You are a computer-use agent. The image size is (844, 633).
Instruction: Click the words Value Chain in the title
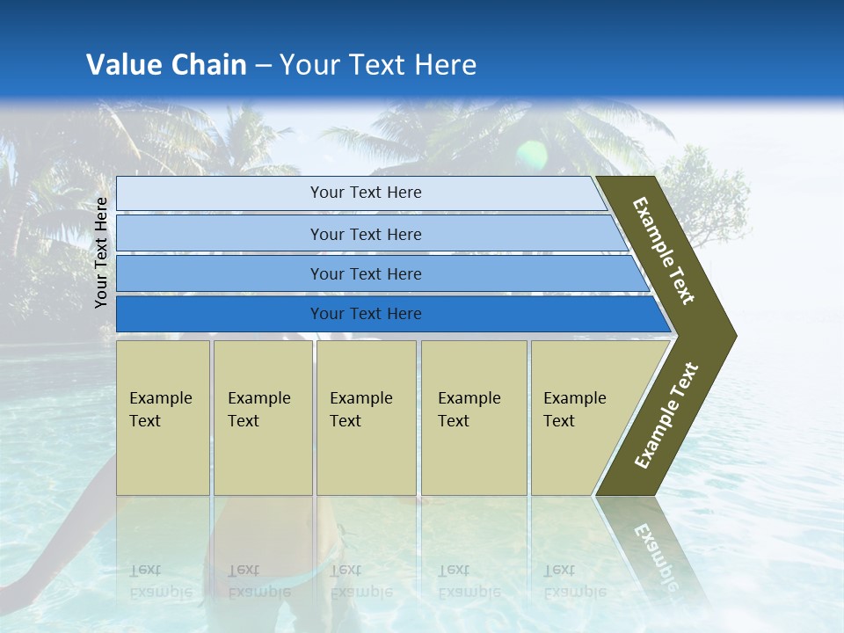point(166,65)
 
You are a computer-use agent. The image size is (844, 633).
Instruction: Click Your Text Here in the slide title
point(378,65)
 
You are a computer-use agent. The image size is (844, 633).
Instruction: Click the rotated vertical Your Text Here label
point(101,252)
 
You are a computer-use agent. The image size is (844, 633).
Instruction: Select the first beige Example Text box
point(163,418)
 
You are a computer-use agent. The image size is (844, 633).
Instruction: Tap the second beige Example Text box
point(262,418)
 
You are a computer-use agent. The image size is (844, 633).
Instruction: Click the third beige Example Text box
point(366,418)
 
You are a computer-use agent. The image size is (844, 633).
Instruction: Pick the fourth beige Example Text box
point(474,418)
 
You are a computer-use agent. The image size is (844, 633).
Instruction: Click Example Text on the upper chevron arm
point(664,251)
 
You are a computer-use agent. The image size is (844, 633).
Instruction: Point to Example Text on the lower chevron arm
point(666,416)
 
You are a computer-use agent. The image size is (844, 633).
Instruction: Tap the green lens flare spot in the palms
point(532,156)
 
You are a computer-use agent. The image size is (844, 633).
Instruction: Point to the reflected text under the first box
point(161,580)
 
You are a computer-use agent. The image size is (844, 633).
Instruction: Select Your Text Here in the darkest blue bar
point(366,314)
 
